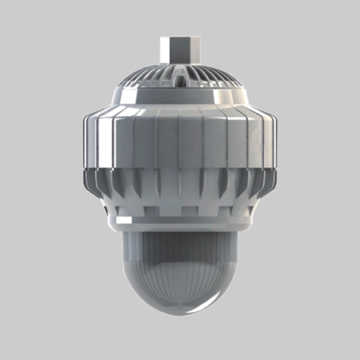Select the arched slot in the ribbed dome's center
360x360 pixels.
point(180,80)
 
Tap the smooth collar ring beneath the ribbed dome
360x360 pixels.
point(180,97)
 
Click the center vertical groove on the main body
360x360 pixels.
point(180,144)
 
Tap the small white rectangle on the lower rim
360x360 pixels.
point(125,220)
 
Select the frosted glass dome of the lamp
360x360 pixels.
point(180,270)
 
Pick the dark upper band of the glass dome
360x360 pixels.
point(180,243)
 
